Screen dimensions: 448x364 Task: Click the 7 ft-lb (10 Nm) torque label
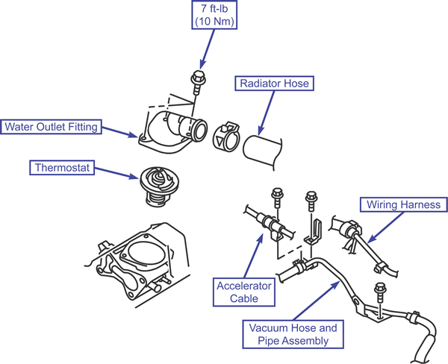coord(214,15)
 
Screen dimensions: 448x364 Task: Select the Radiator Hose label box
coord(274,84)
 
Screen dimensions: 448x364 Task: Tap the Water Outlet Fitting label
coord(51,127)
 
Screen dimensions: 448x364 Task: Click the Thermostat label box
coord(62,167)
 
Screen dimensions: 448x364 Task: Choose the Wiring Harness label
coord(403,204)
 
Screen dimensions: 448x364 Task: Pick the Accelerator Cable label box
coord(244,292)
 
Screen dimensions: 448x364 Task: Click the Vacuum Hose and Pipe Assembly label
coord(293,334)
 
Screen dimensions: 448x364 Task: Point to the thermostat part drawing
coord(159,186)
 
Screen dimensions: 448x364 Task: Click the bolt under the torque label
coord(198,83)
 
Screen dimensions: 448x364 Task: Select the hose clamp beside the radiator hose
coord(225,136)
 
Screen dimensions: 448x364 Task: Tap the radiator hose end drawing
coord(262,151)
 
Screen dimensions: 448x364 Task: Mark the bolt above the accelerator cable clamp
coord(277,198)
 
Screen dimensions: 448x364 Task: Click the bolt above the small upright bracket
coord(311,201)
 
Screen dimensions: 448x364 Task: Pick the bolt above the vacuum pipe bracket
coord(380,292)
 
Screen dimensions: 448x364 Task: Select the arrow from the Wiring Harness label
coord(385,228)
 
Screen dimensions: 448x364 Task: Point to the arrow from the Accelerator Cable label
coord(253,256)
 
